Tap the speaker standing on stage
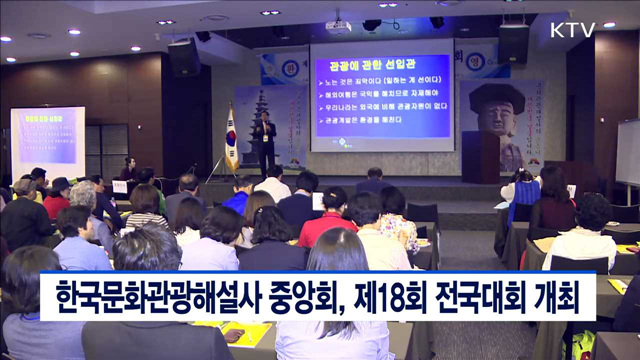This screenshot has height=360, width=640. click(264, 141)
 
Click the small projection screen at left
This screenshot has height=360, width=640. click(47, 141)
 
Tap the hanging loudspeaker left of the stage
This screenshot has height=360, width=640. click(183, 57)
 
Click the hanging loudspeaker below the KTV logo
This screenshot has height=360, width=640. click(513, 43)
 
